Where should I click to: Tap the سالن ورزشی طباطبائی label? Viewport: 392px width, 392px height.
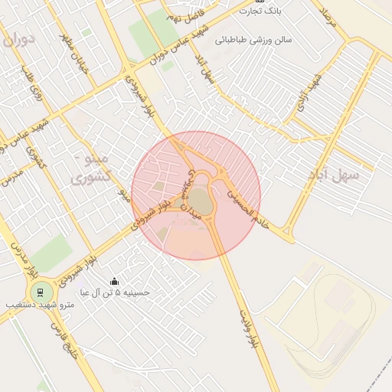(254, 38)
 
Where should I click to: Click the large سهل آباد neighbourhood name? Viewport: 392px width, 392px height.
(336, 175)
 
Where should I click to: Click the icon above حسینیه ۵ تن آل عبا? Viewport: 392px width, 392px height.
(115, 281)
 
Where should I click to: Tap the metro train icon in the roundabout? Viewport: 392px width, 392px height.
(40, 292)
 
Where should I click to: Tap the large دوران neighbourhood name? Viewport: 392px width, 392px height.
(19, 39)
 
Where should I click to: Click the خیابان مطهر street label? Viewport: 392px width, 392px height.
(77, 54)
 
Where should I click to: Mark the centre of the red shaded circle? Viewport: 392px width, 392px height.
(196, 196)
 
